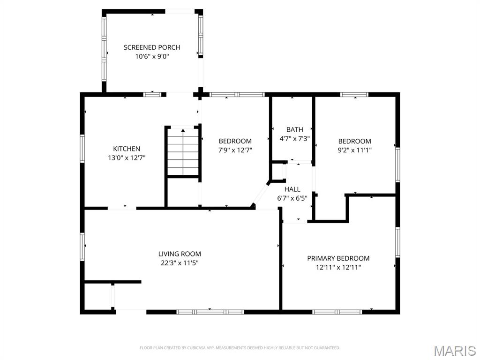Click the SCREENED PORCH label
(152, 47)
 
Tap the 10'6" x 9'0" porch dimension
(152, 56)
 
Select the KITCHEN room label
(127, 149)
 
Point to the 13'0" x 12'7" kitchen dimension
(127, 158)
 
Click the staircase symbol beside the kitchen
(183, 151)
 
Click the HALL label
(292, 189)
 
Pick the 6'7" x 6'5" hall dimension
(292, 198)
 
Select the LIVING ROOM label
(180, 254)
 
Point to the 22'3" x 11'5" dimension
(180, 263)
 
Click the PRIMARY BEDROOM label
(338, 258)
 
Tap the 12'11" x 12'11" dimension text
(338, 267)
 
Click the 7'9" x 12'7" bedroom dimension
(235, 150)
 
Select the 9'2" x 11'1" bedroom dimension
(355, 150)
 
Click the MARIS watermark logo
(454, 350)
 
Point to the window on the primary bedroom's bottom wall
(337, 312)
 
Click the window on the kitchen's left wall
(82, 149)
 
